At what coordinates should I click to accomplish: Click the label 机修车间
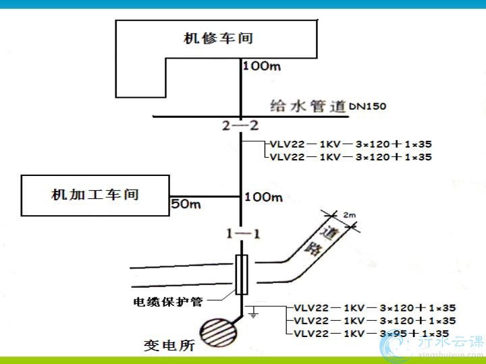click(x=218, y=38)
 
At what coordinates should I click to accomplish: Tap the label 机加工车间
click(x=95, y=195)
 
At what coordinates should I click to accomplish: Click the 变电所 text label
click(x=169, y=345)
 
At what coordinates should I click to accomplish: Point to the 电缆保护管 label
click(x=167, y=301)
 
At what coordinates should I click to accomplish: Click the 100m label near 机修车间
click(x=261, y=66)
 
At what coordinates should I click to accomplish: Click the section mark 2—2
click(x=240, y=126)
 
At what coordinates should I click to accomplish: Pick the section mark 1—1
click(x=242, y=234)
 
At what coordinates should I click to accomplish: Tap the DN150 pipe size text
click(x=369, y=107)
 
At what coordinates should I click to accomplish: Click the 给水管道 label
click(x=308, y=105)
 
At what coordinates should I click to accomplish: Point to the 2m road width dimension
click(x=349, y=214)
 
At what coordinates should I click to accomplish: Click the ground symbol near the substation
click(x=252, y=313)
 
